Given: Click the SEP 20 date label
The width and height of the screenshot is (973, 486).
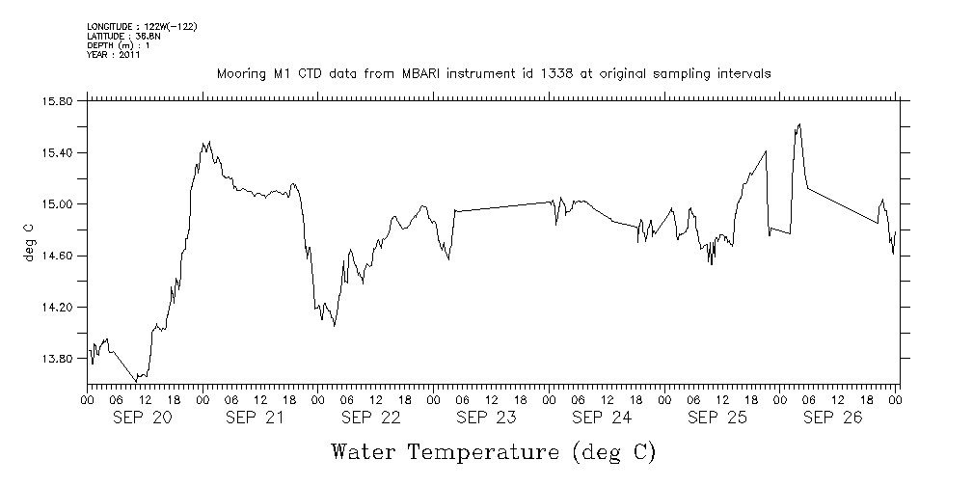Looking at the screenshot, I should (143, 418).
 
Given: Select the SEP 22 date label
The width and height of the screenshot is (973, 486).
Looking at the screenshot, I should (371, 418).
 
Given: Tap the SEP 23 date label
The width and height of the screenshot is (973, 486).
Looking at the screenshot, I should (487, 418).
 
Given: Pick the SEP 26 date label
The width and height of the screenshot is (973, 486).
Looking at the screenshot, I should (833, 418).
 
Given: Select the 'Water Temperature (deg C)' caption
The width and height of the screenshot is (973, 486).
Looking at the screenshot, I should (493, 451).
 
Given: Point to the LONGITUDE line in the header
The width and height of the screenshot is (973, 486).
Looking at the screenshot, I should (142, 26).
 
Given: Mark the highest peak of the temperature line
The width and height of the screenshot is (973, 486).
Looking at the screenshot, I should (799, 124).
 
